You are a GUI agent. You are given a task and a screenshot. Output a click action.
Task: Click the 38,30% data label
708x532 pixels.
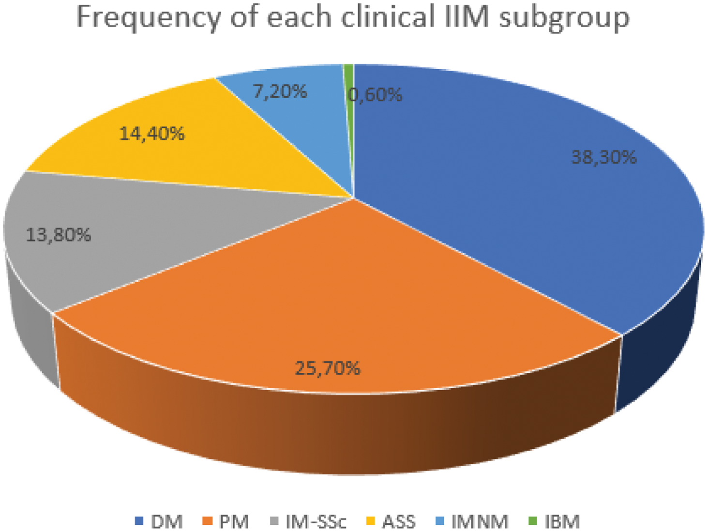tap(603, 157)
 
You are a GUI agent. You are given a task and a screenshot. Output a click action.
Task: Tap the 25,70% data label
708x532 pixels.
tap(328, 368)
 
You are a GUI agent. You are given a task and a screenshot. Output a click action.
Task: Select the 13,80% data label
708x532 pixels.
tap(58, 235)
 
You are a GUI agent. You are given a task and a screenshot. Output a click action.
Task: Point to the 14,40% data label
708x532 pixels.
tap(152, 133)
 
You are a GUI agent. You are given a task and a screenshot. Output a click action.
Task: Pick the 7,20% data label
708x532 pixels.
tap(280, 91)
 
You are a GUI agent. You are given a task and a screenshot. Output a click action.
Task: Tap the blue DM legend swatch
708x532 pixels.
tap(139, 521)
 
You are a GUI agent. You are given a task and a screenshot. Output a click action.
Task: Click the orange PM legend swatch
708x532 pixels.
tap(208, 521)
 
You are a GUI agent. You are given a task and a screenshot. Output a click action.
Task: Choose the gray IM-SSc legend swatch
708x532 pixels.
tap(274, 521)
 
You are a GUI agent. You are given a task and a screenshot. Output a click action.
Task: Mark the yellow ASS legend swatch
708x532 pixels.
tap(371, 521)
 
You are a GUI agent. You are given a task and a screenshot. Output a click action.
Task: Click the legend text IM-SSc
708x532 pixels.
tap(316, 522)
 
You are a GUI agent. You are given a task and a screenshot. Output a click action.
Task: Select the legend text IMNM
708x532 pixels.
tap(480, 522)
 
